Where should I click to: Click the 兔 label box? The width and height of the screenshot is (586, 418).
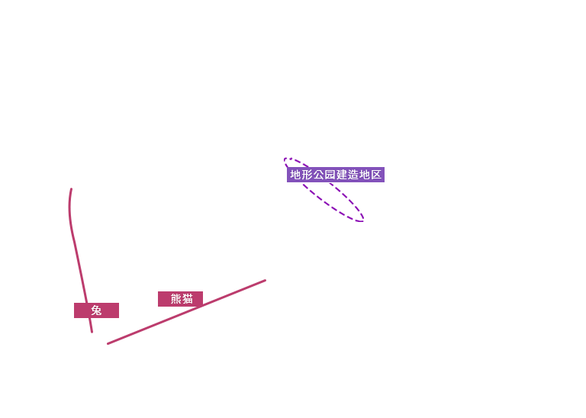tap(96, 310)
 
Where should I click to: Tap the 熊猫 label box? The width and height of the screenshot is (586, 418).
tap(181, 299)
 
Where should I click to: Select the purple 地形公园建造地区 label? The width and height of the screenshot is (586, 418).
tap(336, 175)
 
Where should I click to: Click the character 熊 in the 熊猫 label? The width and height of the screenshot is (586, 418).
tap(176, 299)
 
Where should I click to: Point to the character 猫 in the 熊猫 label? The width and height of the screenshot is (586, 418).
tap(188, 299)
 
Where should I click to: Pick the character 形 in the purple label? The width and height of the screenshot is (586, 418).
tap(307, 175)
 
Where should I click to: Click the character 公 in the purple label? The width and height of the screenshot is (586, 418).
tap(319, 175)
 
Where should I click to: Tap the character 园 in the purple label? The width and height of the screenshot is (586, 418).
tap(330, 175)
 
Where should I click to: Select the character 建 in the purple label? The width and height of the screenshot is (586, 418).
tap(342, 175)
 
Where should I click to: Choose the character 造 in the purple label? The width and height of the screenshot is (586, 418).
tap(353, 175)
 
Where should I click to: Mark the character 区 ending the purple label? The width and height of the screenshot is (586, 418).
tap(376, 175)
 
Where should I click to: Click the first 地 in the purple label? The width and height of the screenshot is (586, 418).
tap(295, 175)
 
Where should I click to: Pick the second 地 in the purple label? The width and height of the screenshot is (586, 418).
tap(365, 175)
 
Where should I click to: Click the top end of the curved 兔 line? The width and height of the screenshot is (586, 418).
tap(71, 189)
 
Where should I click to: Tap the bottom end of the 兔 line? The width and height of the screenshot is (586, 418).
tap(92, 332)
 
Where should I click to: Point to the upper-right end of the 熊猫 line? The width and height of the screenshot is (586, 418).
tap(265, 280)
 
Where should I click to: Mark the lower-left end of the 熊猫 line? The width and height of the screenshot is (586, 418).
tap(108, 343)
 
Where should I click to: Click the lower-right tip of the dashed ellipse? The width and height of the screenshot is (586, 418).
tap(363, 220)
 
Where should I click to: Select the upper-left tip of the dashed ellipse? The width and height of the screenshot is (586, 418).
tap(285, 159)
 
